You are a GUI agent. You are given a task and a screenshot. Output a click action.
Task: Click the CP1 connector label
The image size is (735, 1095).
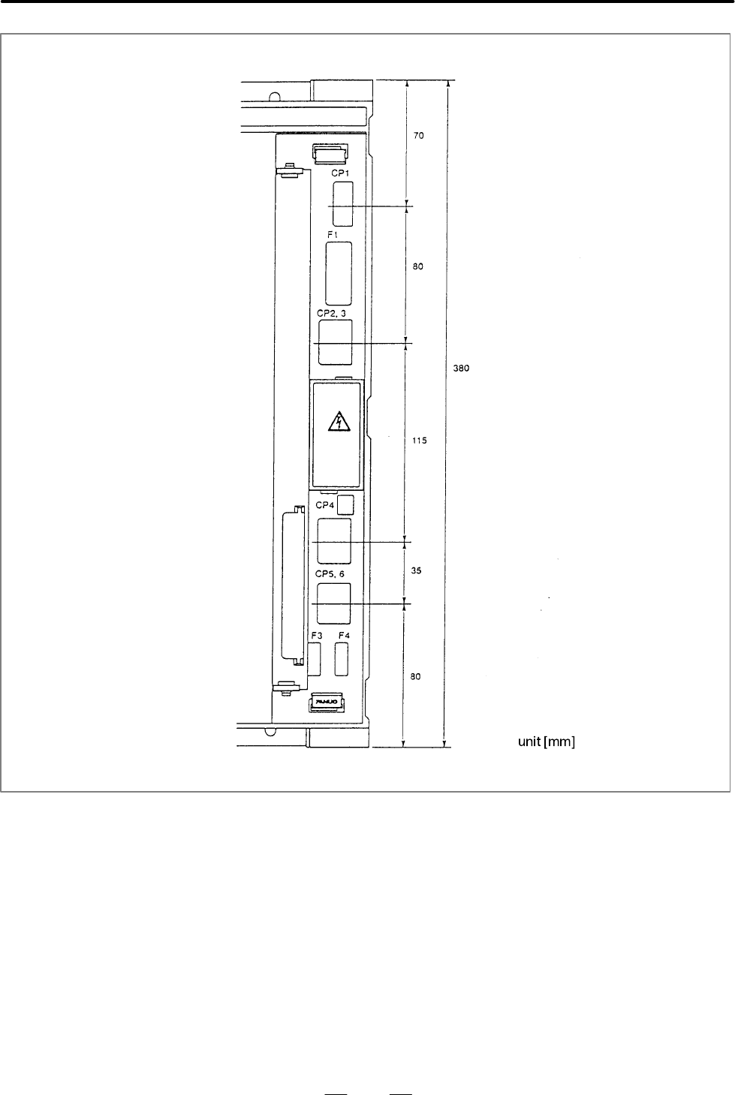[x=340, y=173]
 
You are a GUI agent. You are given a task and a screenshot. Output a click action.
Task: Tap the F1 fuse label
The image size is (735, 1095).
[x=333, y=235]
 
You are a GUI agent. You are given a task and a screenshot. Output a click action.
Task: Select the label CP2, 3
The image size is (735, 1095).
[x=331, y=314]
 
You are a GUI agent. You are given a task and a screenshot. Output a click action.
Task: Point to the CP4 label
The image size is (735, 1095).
[x=325, y=505]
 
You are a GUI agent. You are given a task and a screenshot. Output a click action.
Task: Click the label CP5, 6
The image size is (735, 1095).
[x=330, y=574]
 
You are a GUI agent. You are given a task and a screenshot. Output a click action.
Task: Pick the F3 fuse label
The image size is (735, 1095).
[x=316, y=636]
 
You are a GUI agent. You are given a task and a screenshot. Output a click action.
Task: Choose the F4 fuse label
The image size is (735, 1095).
[x=345, y=636]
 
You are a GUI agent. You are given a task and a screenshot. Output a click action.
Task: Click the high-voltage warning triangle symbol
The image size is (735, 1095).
[x=339, y=422]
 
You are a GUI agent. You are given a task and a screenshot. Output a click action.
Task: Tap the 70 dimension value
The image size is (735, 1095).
[x=419, y=135]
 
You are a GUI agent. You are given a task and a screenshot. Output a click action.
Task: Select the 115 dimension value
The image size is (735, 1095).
[x=419, y=441]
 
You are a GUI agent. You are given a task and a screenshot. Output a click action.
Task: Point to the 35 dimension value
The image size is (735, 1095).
[x=416, y=570]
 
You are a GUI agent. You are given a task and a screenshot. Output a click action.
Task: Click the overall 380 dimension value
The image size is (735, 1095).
[x=461, y=368]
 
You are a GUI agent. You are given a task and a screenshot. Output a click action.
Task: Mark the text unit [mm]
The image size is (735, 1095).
[x=547, y=742]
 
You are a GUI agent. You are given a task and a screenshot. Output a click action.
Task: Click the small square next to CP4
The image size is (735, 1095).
[x=346, y=505]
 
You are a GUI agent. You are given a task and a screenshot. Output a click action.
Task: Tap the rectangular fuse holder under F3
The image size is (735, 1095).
[x=315, y=659]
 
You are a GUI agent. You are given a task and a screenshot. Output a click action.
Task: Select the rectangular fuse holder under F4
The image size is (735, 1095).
[x=342, y=659]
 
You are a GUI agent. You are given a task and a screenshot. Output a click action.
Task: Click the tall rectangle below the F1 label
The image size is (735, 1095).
[x=339, y=273]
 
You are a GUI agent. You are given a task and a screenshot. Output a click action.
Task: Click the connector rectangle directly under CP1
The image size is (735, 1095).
[x=343, y=204]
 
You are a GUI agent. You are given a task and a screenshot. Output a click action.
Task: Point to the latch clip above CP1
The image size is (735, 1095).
[x=330, y=154]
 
